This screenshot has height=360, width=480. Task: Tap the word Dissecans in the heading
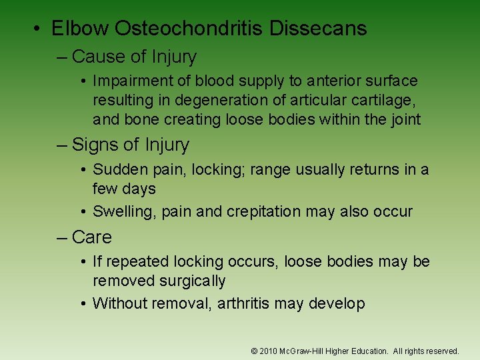327,28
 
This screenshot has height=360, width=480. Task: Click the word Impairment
132,81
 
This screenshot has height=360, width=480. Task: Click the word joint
405,119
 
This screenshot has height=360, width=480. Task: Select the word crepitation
263,212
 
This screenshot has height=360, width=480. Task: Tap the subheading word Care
92,237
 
